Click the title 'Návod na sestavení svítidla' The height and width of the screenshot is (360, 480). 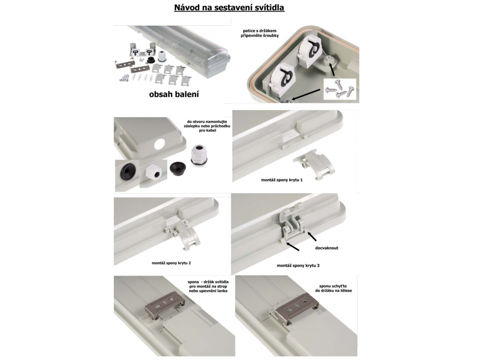tap(229, 7)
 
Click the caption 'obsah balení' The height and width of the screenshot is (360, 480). tap(174, 94)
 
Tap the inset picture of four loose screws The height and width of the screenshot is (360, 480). tap(340, 89)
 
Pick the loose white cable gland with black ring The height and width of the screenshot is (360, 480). tap(199, 156)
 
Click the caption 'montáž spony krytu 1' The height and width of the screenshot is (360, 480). tap(282, 180)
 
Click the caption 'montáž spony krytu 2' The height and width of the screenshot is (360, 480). tap(171, 263)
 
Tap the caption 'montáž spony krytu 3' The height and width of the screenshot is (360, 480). tap(298, 266)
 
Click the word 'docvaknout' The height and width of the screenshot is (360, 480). tap(327, 248)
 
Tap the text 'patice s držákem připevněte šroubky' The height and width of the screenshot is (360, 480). tap(260, 33)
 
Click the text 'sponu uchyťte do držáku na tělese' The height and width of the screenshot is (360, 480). tap(333, 288)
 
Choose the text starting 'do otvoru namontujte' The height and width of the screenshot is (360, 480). tap(207, 126)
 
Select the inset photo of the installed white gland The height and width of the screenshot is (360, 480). tap(153, 173)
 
